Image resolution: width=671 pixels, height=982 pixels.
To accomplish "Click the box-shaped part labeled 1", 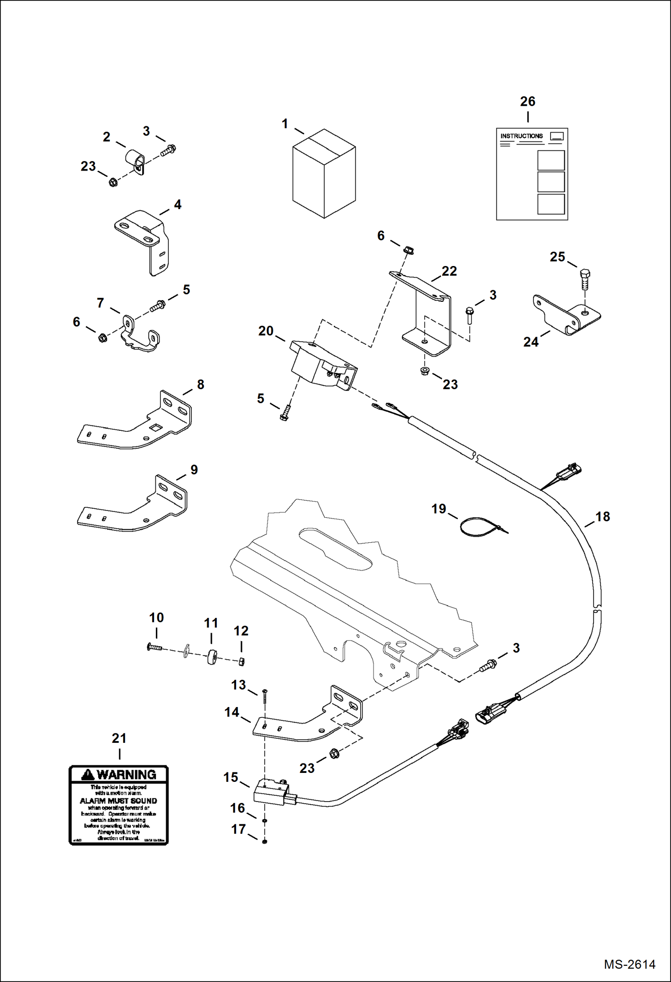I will tap(323, 175).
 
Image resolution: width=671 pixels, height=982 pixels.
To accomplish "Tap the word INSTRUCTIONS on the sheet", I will tap(521, 136).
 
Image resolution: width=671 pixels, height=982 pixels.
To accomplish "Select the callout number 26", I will tap(527, 102).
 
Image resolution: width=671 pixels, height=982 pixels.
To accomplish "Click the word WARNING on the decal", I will tap(126, 774).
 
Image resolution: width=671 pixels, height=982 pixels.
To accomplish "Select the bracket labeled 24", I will tap(565, 315).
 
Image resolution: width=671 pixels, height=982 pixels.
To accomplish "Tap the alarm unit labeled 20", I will tap(323, 365).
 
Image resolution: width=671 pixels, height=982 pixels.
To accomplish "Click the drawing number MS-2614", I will tap(629, 964).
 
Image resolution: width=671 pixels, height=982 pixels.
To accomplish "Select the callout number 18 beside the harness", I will tap(602, 517).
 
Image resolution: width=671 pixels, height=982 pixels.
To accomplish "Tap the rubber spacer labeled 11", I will tap(212, 657).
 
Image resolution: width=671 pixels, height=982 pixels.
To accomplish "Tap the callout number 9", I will tap(194, 470).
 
